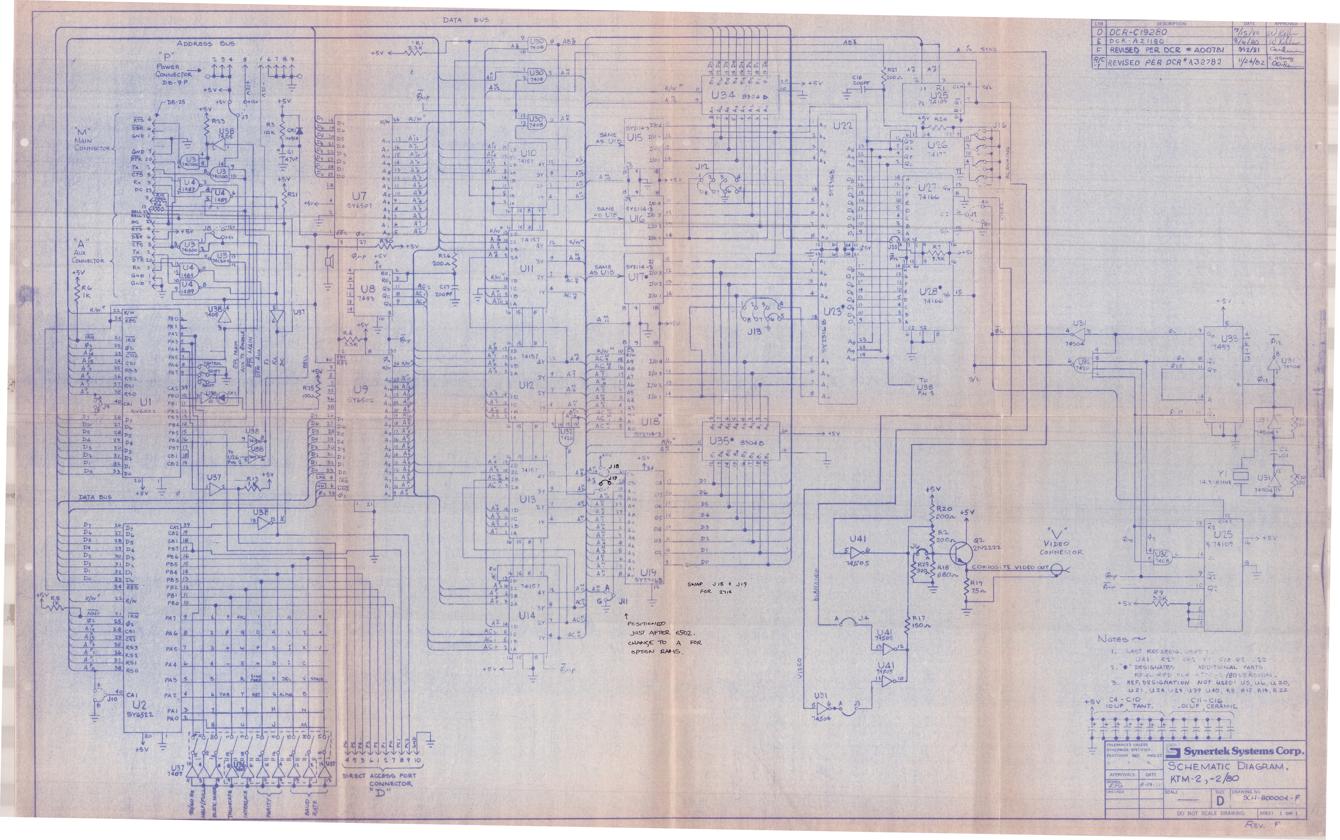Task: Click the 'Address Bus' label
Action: pyautogui.click(x=205, y=43)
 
